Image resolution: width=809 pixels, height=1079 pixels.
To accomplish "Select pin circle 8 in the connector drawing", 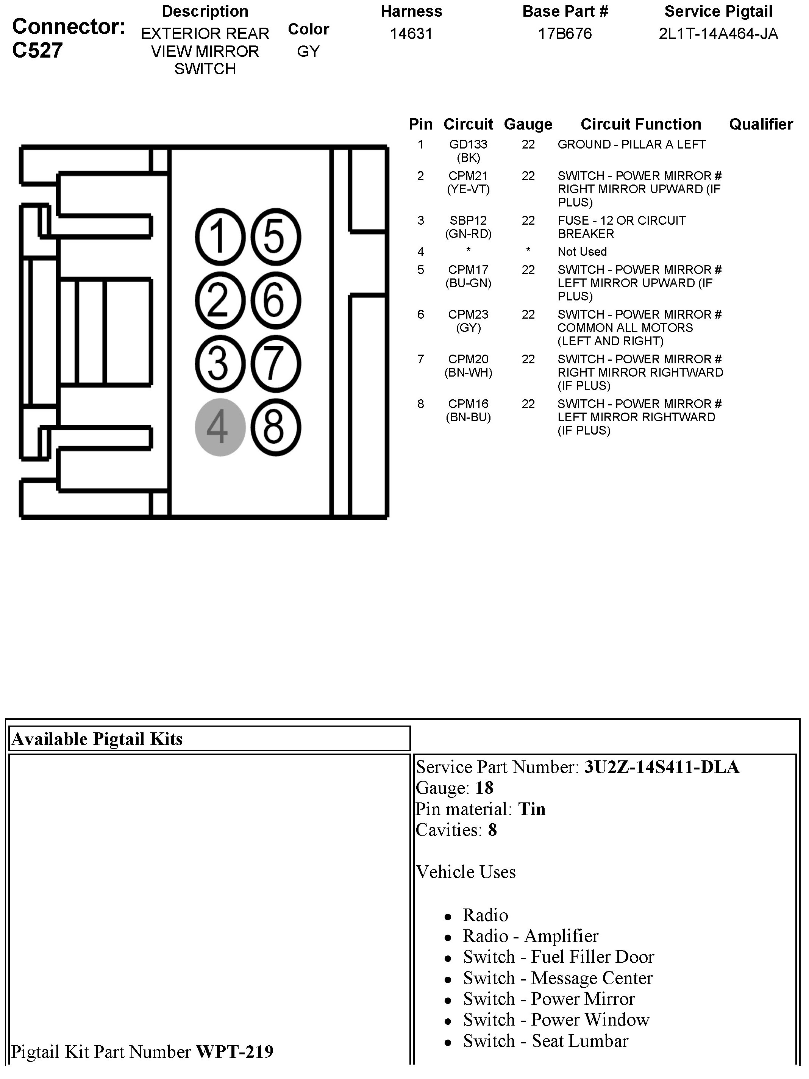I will coord(275,427).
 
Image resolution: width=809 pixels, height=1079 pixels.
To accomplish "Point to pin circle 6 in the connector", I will coord(275,300).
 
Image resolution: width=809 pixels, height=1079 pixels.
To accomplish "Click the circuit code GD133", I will coord(468,144).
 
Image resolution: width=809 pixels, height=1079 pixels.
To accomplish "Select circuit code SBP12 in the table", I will coord(468,220).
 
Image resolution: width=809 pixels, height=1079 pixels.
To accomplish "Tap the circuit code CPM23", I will coord(468,314).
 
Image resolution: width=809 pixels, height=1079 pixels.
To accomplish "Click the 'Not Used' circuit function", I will coord(582,252).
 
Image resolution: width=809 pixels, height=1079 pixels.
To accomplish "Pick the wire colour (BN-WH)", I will coord(468,373).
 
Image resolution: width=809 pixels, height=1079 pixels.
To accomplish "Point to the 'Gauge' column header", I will coord(528,124).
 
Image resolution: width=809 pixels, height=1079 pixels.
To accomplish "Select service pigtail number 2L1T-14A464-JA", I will coord(718,34).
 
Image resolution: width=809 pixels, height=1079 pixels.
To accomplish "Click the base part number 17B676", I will coord(565,34).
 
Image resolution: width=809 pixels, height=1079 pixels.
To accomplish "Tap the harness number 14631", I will coord(411,34).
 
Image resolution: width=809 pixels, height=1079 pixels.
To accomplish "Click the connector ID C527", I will coord(37,51).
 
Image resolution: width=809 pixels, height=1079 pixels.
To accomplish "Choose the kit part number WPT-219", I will coord(234,1052).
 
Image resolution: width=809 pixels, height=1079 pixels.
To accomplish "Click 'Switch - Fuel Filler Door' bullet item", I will coord(558,957).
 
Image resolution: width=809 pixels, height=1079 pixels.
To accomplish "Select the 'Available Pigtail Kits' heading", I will coord(97,739).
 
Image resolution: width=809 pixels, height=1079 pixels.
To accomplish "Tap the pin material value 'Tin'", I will coord(531,809).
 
